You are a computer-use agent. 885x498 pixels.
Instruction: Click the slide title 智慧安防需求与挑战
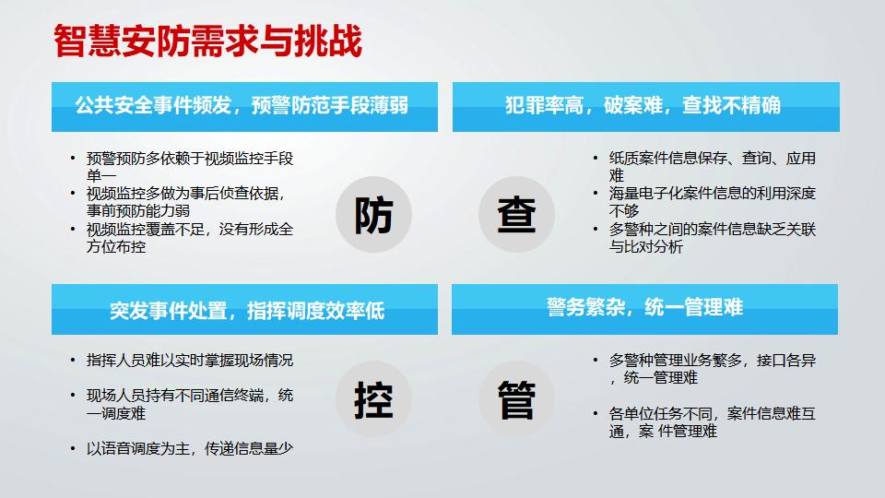click(x=206, y=40)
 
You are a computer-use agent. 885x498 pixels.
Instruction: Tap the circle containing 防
click(x=373, y=215)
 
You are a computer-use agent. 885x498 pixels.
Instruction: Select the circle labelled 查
click(x=516, y=215)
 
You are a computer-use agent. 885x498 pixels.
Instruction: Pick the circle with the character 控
click(x=373, y=398)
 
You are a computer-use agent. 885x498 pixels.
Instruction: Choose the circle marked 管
click(x=516, y=398)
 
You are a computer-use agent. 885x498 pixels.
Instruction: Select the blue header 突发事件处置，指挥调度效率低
click(x=242, y=309)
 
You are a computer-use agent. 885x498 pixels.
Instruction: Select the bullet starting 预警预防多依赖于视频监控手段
click(x=189, y=167)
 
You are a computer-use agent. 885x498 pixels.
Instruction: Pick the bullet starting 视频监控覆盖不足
click(x=189, y=238)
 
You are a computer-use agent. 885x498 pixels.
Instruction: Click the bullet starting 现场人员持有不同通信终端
click(x=189, y=404)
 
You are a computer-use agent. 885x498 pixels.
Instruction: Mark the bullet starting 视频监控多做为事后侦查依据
click(x=189, y=202)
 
